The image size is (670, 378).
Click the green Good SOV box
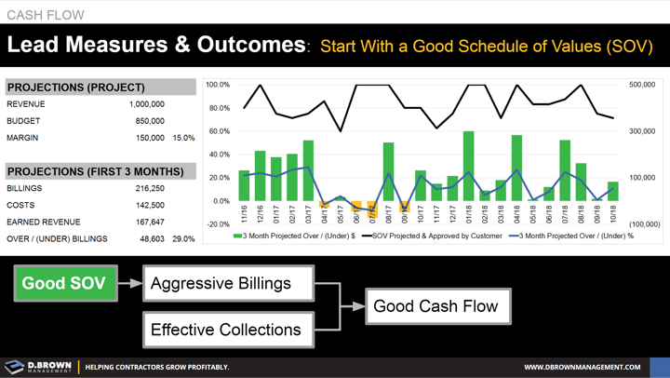pos(63,283)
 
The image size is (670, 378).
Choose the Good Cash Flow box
pos(435,305)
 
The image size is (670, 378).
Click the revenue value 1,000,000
pos(147,104)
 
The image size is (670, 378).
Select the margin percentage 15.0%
pos(183,138)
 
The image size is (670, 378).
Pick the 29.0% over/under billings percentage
pos(183,239)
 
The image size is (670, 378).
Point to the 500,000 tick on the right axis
pos(644,85)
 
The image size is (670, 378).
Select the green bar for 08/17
pos(388,171)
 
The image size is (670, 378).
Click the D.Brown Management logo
pos(37,367)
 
